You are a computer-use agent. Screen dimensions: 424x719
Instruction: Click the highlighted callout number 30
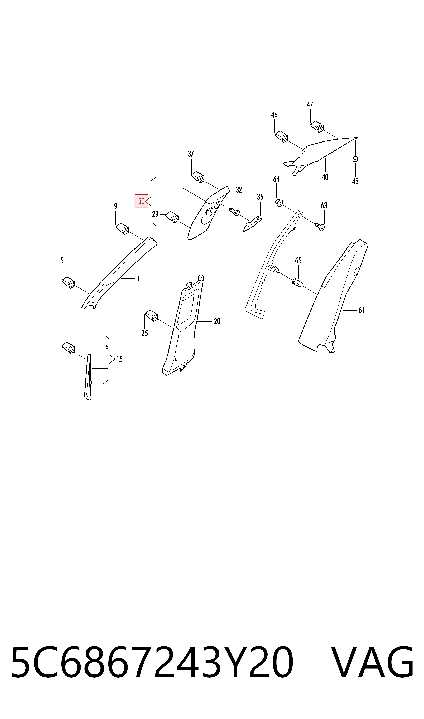(x=141, y=201)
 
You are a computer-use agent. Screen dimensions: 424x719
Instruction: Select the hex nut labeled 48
(x=355, y=159)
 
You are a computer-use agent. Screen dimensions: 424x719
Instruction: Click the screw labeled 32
(x=235, y=212)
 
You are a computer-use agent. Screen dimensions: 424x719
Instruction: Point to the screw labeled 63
(x=320, y=227)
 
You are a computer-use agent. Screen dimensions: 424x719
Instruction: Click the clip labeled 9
(x=122, y=229)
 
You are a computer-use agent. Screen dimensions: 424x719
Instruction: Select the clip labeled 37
(x=198, y=177)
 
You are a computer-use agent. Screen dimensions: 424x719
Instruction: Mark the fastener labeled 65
(x=298, y=283)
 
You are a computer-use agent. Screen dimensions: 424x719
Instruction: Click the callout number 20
(x=217, y=321)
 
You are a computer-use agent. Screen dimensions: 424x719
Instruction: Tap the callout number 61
(x=362, y=310)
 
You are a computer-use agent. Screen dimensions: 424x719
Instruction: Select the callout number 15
(x=119, y=359)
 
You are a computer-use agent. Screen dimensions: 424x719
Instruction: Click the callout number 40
(x=325, y=177)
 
